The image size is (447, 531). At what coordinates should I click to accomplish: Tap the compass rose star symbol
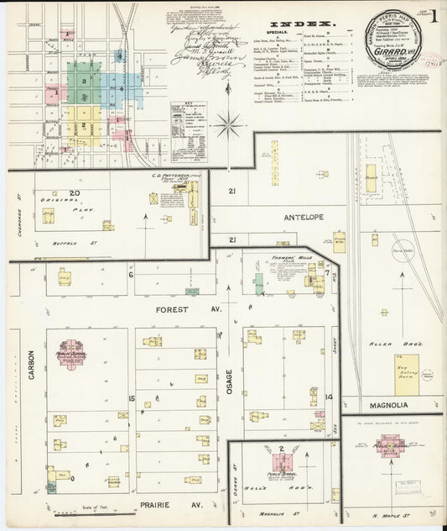[x=227, y=126]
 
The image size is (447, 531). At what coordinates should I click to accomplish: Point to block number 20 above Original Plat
[x=74, y=193]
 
